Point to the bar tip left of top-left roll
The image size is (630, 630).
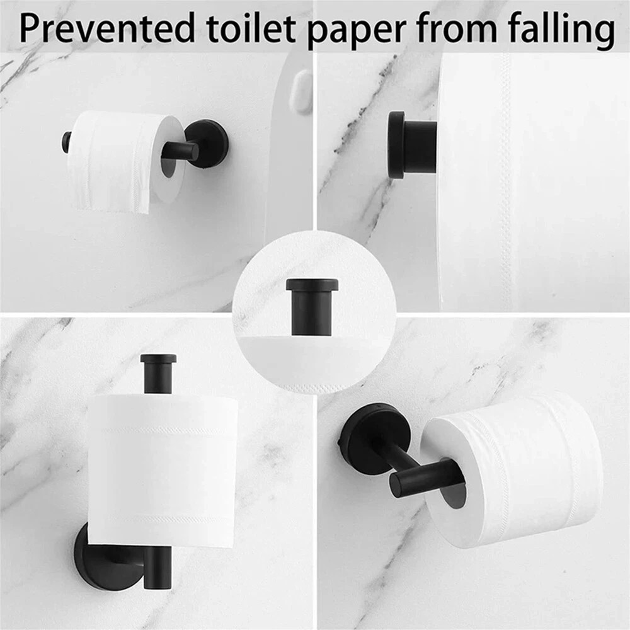click(x=66, y=142)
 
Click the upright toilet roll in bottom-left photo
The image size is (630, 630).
click(x=163, y=469)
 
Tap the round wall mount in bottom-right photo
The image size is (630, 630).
click(x=369, y=438)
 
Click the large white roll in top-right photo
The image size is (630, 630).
click(x=535, y=183)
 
